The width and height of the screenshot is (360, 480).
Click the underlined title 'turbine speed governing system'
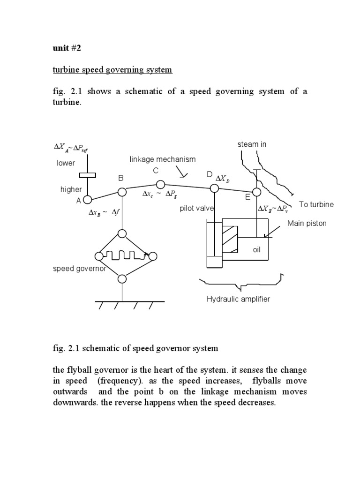click(x=112, y=70)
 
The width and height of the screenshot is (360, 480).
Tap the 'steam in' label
click(x=252, y=144)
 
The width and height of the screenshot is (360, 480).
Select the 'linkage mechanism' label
click(x=163, y=159)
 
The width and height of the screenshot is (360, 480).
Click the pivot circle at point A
click(x=87, y=200)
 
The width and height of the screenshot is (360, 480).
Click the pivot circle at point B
click(x=122, y=192)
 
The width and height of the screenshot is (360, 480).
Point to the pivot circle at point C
click(x=160, y=184)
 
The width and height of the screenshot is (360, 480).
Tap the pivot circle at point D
click(x=214, y=188)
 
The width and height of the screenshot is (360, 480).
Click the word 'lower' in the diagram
click(x=66, y=163)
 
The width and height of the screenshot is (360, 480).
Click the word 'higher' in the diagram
click(x=71, y=189)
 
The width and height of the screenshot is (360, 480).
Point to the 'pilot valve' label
click(x=197, y=209)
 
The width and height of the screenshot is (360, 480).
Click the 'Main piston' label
click(x=307, y=224)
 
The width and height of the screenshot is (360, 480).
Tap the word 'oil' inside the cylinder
click(x=256, y=250)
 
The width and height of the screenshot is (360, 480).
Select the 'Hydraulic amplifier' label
click(x=238, y=299)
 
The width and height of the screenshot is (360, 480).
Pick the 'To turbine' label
click(x=316, y=204)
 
